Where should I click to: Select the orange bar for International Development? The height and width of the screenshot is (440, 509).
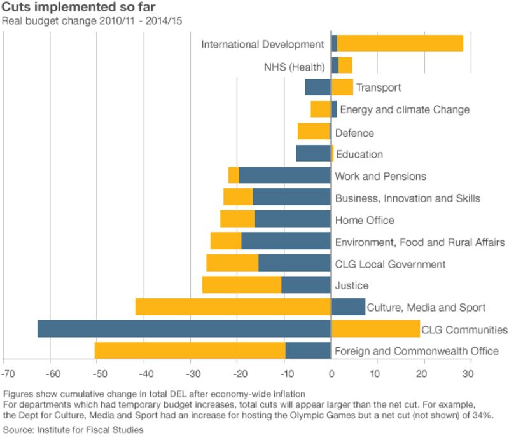400,44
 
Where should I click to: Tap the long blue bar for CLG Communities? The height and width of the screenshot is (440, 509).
184,329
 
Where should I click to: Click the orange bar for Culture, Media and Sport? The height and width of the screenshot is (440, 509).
233,307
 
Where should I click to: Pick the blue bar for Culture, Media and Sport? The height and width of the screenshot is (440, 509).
348,307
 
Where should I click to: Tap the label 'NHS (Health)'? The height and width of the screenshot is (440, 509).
293,66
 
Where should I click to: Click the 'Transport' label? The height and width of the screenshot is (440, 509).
379,88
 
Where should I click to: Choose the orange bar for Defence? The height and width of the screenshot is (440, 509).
314,132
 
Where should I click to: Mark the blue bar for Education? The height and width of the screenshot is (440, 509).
313,154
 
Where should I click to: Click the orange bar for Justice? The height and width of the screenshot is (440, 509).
242,285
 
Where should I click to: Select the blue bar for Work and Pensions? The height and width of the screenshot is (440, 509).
284,175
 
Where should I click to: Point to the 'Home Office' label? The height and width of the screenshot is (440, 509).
365,220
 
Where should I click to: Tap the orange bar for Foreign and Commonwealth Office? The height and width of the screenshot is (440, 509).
190,351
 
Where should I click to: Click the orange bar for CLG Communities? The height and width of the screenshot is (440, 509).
375,329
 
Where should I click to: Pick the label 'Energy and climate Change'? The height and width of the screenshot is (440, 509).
405,109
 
